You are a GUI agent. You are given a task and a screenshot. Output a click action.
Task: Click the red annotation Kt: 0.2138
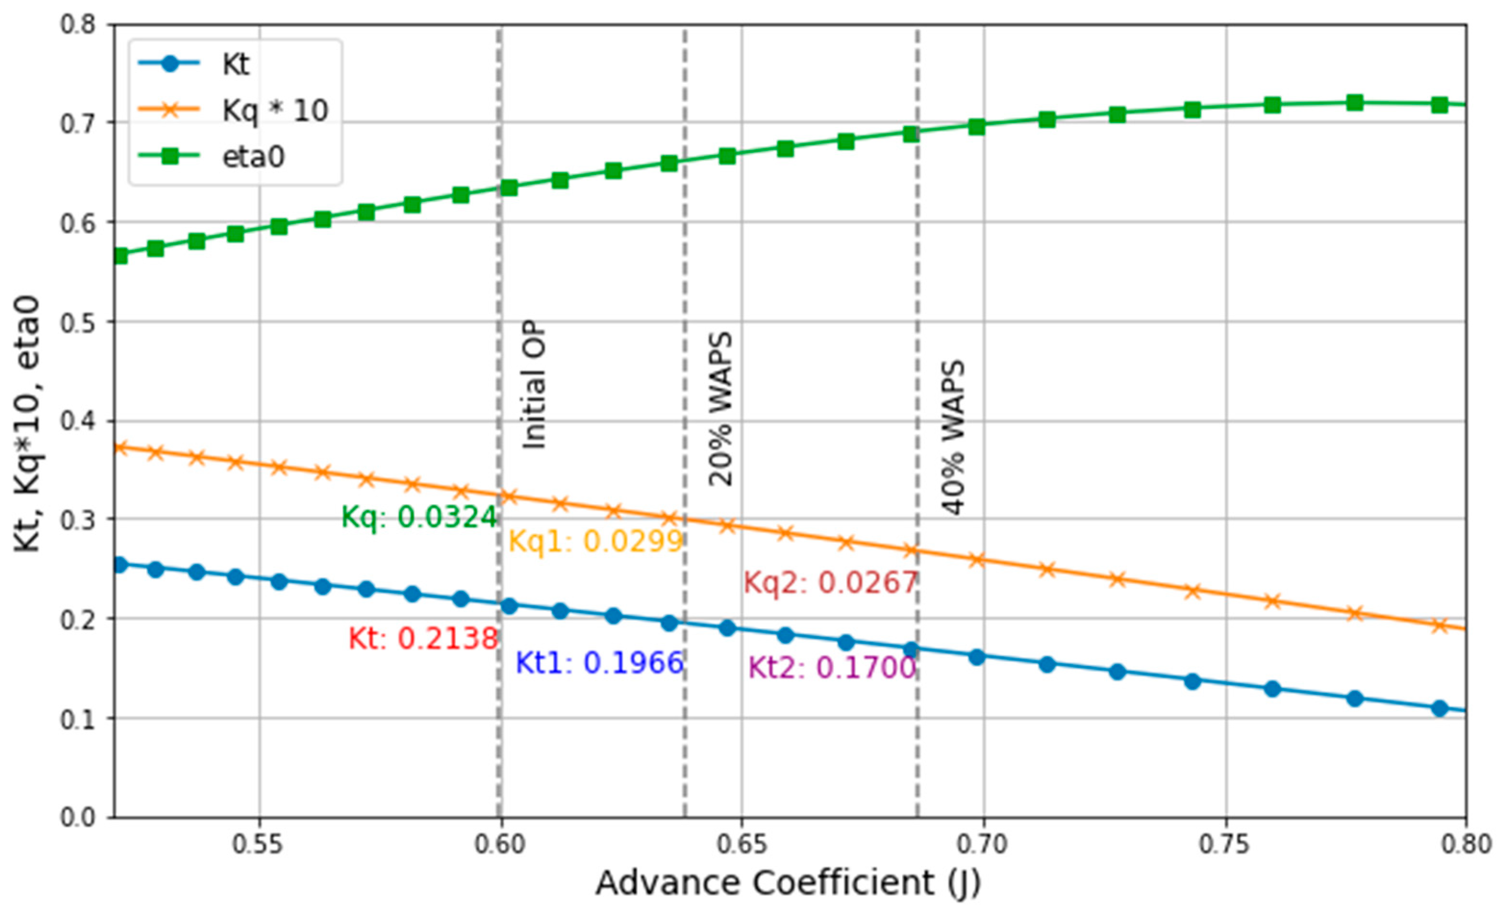point(423,639)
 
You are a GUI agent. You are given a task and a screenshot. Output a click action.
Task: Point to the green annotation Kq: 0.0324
point(419,517)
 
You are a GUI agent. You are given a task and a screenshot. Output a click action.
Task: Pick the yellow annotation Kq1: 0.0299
point(595,541)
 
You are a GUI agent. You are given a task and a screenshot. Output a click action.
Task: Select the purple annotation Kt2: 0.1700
point(832,667)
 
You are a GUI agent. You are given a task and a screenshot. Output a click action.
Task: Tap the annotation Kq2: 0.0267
point(830,582)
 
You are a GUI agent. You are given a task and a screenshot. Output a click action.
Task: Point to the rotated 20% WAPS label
point(720,409)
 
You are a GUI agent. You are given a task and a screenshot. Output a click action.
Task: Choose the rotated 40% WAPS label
point(953,438)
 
